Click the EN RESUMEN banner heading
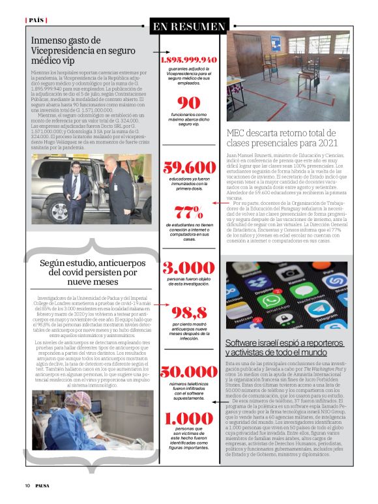(x=189, y=27)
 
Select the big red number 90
(x=189, y=102)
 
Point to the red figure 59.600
(x=189, y=167)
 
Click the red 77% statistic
(x=189, y=211)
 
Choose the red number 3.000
(x=189, y=268)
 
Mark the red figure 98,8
(x=189, y=312)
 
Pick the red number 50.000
(x=189, y=372)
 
